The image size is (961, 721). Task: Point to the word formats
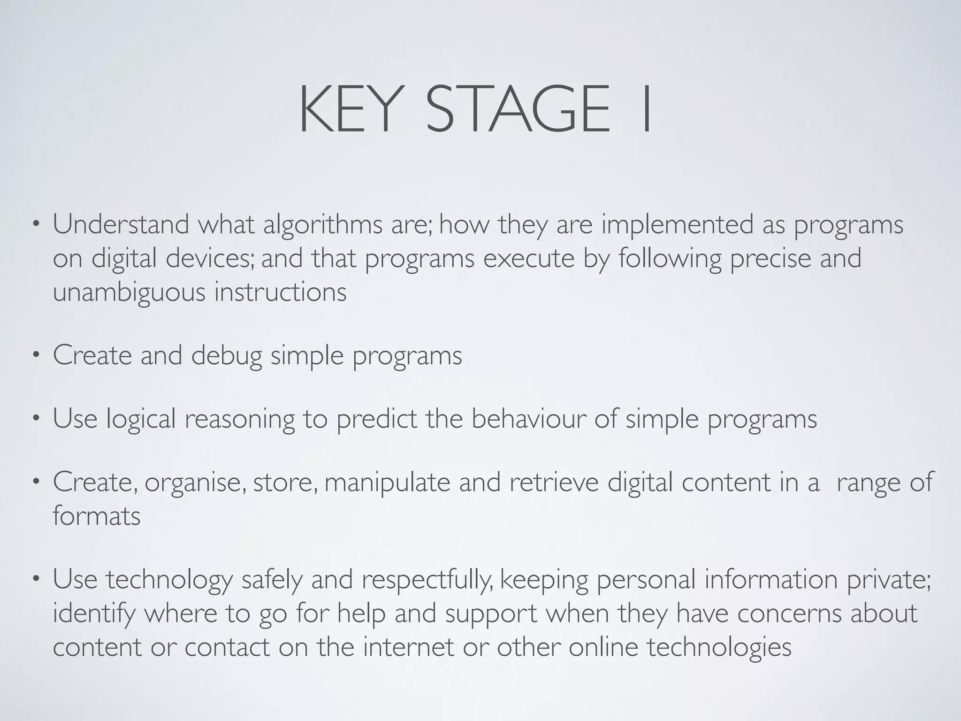point(97,516)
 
